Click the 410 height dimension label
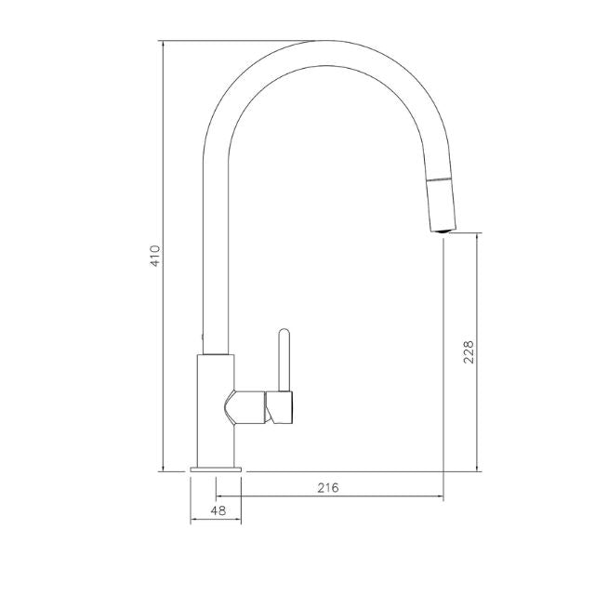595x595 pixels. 156,256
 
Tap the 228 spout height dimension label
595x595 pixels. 469,352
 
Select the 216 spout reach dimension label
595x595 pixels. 328,487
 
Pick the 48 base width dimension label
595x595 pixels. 218,510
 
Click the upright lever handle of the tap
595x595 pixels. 284,360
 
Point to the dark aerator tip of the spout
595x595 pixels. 443,231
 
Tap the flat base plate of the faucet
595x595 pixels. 216,469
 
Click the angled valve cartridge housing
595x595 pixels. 245,407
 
